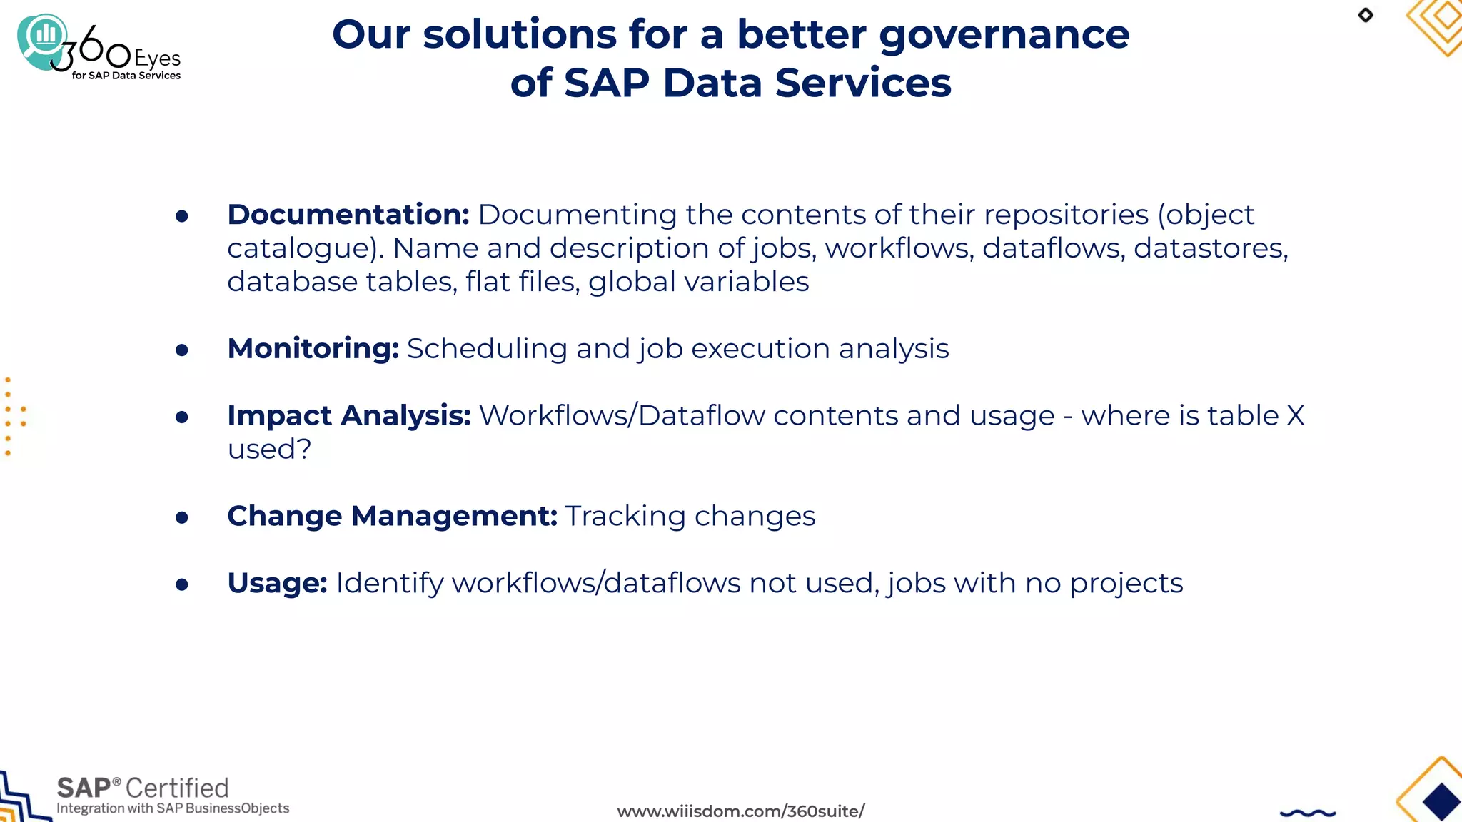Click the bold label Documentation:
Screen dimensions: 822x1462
click(348, 215)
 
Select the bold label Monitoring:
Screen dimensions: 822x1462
click(313, 349)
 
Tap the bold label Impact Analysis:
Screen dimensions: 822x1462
click(348, 416)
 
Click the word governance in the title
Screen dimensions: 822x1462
click(1004, 36)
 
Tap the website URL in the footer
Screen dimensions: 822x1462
click(740, 811)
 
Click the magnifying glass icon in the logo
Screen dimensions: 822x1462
click(43, 39)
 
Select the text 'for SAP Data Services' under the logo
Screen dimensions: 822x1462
click(126, 76)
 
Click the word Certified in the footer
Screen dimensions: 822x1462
click(177, 788)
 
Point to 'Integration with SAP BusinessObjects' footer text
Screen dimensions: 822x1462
click(173, 808)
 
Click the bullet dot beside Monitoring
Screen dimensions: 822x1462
click(182, 350)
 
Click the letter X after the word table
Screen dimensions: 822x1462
click(1295, 416)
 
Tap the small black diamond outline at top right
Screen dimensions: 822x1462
click(1366, 15)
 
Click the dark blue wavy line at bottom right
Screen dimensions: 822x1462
click(1308, 813)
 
